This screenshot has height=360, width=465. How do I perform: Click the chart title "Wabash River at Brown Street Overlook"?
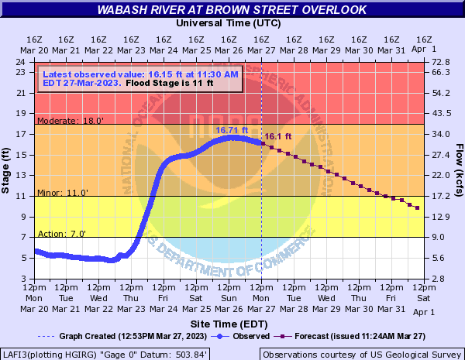pyautogui.click(x=232, y=10)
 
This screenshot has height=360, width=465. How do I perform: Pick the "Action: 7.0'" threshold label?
pyautogui.click(x=62, y=234)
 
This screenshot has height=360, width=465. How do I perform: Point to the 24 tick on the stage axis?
pyautogui.click(x=24, y=62)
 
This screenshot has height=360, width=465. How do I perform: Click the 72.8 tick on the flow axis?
pyautogui.click(x=441, y=62)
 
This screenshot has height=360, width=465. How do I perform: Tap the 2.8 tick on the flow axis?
pyautogui.click(x=438, y=278)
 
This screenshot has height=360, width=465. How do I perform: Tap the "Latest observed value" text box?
pyautogui.click(x=139, y=77)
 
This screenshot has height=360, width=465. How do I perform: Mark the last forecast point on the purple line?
pyautogui.click(x=418, y=207)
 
